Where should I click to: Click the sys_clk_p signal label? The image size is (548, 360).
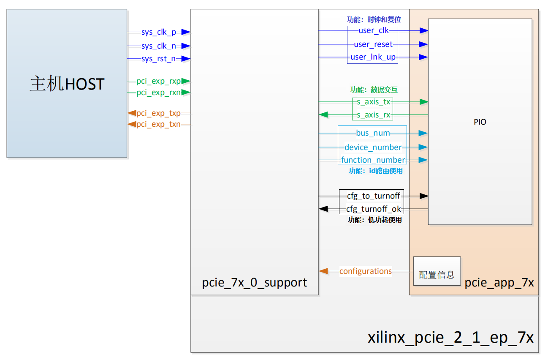click(x=158, y=33)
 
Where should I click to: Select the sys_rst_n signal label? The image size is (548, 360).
click(x=158, y=59)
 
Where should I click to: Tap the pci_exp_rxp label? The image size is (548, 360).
click(x=158, y=81)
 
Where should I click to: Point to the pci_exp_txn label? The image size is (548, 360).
click(x=158, y=124)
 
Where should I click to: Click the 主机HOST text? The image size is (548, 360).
click(x=67, y=84)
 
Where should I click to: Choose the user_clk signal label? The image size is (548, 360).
click(x=373, y=30)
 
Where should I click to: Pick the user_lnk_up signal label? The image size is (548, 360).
click(x=373, y=57)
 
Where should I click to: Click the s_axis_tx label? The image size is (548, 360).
click(x=373, y=102)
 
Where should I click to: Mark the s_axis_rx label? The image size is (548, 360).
click(x=373, y=115)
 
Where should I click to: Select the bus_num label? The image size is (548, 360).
click(x=373, y=133)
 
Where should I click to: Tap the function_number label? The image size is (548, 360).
click(x=373, y=160)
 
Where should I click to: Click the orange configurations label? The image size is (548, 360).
click(x=366, y=271)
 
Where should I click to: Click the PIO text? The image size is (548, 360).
click(x=480, y=122)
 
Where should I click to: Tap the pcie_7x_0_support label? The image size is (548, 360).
click(x=255, y=282)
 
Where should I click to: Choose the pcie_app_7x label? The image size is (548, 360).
click(x=499, y=283)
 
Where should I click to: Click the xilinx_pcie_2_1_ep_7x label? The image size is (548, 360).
click(x=450, y=338)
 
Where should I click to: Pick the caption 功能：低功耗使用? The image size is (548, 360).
click(x=374, y=220)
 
